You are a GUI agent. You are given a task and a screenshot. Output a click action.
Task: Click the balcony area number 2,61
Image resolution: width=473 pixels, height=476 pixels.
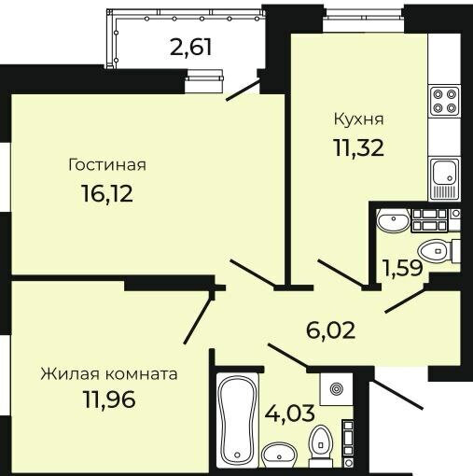tap(191, 48)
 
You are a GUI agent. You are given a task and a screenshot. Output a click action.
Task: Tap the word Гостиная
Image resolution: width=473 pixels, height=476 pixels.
tap(107, 165)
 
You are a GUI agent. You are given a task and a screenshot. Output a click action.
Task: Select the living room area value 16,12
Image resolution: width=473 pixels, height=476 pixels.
tap(107, 193)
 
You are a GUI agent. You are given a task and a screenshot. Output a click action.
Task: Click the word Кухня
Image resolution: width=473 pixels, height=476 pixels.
tap(358, 119)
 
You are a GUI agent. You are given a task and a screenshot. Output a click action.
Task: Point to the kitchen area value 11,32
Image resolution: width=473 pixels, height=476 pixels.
tap(358, 147)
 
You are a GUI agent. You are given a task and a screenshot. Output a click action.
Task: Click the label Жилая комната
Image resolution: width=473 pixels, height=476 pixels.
tap(109, 374)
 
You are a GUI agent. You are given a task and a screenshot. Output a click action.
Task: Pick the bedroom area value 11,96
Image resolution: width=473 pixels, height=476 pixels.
tap(109, 399)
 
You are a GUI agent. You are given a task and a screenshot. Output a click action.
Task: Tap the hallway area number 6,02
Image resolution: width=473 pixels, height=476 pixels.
tap(330, 330)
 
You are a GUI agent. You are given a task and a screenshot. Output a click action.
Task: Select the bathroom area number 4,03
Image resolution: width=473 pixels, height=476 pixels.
tap(290, 413)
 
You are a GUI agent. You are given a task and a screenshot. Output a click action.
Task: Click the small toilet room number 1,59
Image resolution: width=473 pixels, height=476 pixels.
tap(403, 268)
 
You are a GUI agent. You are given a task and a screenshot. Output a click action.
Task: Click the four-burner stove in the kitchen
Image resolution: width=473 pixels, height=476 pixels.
tap(444, 101)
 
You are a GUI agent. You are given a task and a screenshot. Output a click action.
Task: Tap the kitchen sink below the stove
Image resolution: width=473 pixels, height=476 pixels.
tap(445, 179)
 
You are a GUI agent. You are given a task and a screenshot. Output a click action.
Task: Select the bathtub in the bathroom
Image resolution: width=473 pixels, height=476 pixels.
tap(238, 420)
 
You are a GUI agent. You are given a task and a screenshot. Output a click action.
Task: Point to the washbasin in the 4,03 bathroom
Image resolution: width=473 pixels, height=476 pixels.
tap(279, 455)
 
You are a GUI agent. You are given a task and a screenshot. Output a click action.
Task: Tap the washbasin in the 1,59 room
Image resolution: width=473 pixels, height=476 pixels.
tap(393, 220)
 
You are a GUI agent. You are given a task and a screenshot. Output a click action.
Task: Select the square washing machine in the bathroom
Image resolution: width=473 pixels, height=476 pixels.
tap(337, 389)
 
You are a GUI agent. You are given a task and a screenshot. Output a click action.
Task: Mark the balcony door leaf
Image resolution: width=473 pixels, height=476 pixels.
tap(243, 91)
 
